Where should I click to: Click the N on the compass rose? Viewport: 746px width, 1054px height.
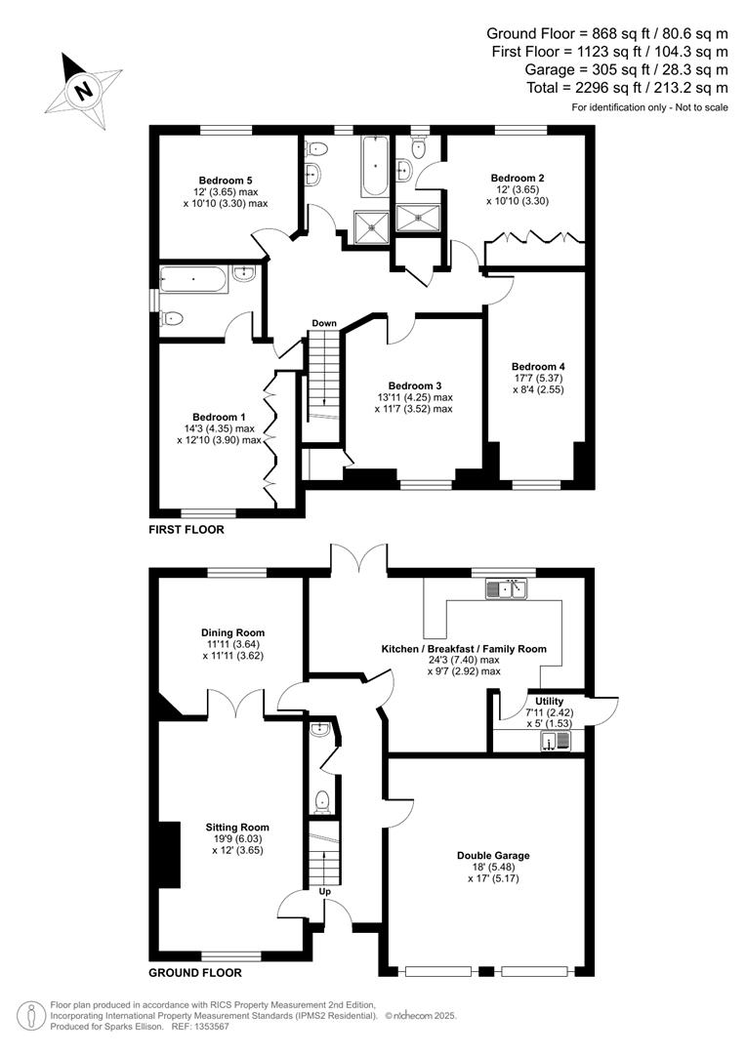click(x=85, y=92)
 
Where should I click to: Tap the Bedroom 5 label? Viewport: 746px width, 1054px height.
click(x=226, y=181)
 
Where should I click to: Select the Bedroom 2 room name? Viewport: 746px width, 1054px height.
click(x=518, y=178)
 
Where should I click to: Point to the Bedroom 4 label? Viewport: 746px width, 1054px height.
click(x=538, y=367)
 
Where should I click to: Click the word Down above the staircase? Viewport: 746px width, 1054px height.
click(x=324, y=323)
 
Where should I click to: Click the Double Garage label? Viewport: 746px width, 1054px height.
click(x=493, y=856)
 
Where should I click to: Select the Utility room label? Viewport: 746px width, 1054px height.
click(x=535, y=702)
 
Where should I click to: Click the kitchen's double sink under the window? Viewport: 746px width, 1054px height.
click(x=506, y=588)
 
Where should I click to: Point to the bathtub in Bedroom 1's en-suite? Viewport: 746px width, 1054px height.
click(x=193, y=280)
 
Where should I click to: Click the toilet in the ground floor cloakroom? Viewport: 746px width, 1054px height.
click(x=321, y=802)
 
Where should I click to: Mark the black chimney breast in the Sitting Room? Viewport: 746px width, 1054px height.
click(x=169, y=854)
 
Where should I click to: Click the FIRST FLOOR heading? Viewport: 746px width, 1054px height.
click(x=186, y=530)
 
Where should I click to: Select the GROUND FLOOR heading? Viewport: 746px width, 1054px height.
click(x=194, y=973)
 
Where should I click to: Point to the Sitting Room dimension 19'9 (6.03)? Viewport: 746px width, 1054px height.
click(x=237, y=838)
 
